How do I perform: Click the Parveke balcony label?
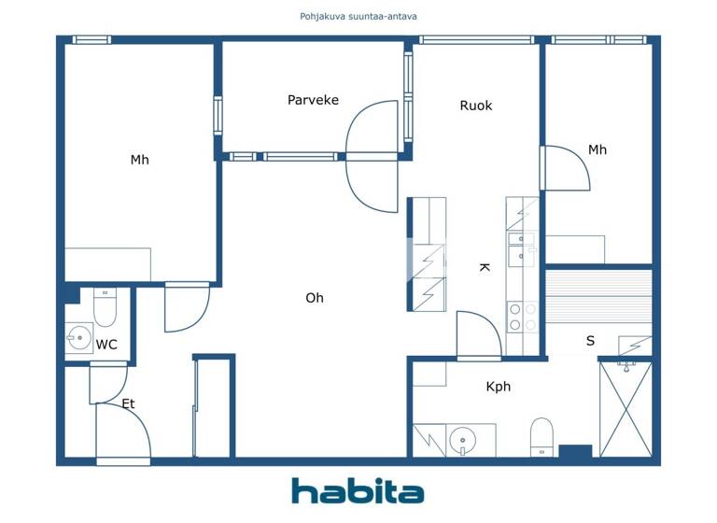313,100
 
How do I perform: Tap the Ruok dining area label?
475,106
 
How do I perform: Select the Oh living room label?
315,298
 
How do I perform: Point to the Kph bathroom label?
499,387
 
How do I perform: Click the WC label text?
106,345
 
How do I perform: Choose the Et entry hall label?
128,404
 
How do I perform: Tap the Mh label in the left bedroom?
139,160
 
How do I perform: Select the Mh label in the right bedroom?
597,149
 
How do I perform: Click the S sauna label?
590,341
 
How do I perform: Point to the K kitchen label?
485,267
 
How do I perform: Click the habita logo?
358,491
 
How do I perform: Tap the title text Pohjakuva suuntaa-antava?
358,16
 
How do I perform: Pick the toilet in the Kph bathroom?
542,438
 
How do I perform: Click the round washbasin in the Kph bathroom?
462,439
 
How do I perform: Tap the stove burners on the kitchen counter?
522,317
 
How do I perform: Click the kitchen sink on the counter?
520,245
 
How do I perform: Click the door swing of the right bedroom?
567,168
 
